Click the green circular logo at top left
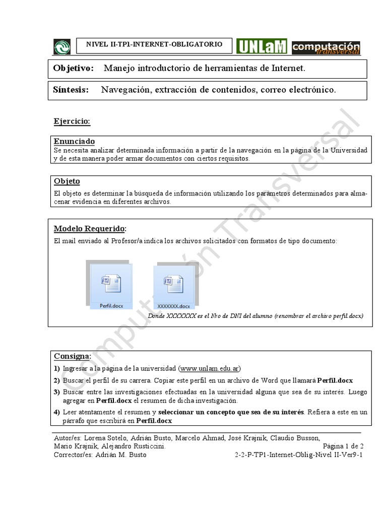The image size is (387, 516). click(x=62, y=46)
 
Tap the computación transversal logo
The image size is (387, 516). click(x=326, y=47)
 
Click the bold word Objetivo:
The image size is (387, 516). click(x=74, y=68)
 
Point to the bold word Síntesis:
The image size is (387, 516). click(x=71, y=90)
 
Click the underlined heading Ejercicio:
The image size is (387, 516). click(x=72, y=121)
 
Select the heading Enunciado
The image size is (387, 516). click(x=74, y=142)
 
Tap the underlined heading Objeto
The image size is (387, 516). click(x=67, y=181)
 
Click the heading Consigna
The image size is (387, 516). click(x=72, y=356)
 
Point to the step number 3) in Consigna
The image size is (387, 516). click(x=57, y=392)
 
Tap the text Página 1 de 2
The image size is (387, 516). click(x=343, y=446)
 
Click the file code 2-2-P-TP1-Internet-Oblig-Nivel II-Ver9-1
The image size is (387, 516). click(x=299, y=455)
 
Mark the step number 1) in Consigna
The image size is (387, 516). click(x=57, y=368)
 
